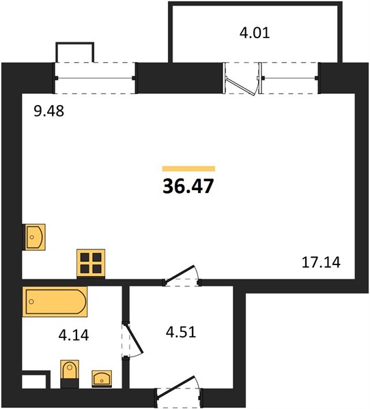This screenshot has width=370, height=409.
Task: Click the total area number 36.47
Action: [x=188, y=187]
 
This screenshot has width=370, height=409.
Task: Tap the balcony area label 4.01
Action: [x=255, y=33]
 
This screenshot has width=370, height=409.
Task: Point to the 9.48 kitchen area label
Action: [x=49, y=111]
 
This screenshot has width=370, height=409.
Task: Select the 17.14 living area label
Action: [x=321, y=262]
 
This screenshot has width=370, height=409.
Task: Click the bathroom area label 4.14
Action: [x=74, y=335]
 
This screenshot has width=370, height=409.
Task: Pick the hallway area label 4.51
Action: [x=181, y=333]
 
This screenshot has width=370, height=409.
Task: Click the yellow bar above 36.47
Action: [x=188, y=168]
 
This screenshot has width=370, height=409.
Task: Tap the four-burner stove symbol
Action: [x=91, y=263]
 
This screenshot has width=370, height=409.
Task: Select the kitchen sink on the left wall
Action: [x=34, y=237]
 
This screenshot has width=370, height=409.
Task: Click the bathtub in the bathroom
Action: [x=55, y=301]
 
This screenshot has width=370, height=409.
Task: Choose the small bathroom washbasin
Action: [x=102, y=379]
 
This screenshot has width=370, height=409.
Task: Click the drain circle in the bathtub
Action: [x=31, y=302]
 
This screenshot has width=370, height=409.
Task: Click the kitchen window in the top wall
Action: [x=95, y=78]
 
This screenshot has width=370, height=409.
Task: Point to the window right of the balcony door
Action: [x=289, y=78]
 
